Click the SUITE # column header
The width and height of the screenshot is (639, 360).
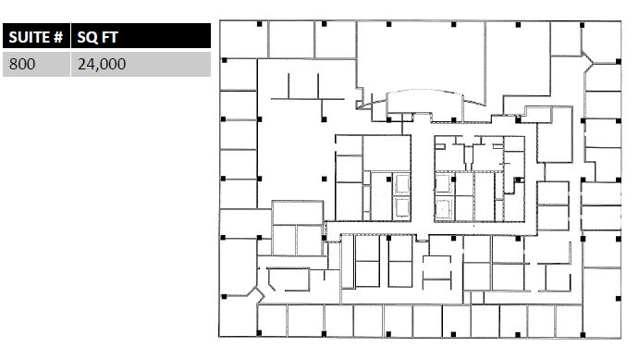(x=36, y=37)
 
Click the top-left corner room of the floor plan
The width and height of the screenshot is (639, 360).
(x=244, y=40)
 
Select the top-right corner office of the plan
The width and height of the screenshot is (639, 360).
(x=601, y=42)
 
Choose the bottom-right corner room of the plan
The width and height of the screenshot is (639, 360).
(x=601, y=302)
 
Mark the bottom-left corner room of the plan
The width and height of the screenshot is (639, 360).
(x=238, y=316)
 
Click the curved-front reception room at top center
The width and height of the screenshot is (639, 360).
(x=424, y=101)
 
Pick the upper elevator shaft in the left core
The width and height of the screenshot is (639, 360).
(x=402, y=184)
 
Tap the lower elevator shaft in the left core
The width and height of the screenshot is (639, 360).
(x=402, y=207)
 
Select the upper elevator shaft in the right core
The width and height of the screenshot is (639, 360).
(x=443, y=184)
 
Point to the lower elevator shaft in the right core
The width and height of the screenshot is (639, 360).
(x=443, y=209)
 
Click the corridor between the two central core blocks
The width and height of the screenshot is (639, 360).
(x=423, y=179)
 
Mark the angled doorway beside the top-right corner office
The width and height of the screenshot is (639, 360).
(x=587, y=61)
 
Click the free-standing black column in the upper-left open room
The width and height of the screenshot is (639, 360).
(x=324, y=179)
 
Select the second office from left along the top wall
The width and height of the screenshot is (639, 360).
(x=292, y=40)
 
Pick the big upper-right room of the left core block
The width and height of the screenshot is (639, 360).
(x=387, y=153)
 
